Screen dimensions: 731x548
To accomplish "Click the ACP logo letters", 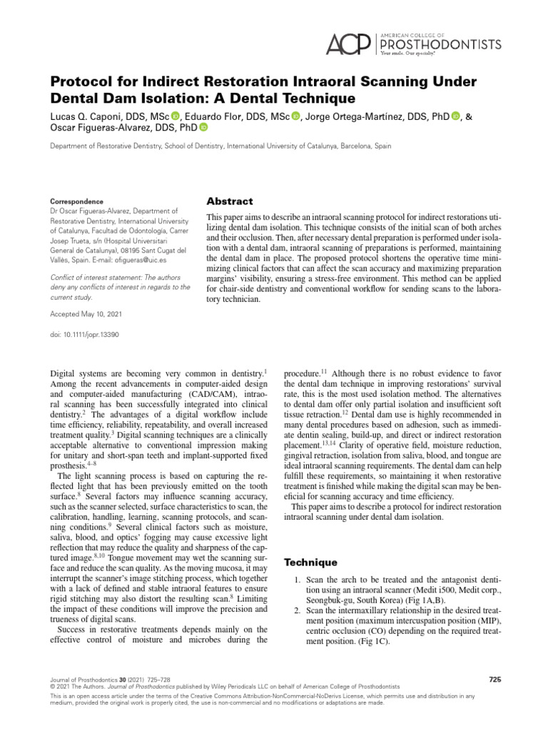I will pyautogui.click(x=347, y=45).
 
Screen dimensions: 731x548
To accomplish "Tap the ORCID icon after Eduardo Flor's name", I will pyautogui.click(x=297, y=117).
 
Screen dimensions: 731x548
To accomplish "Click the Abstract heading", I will pyautogui.click(x=229, y=201).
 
